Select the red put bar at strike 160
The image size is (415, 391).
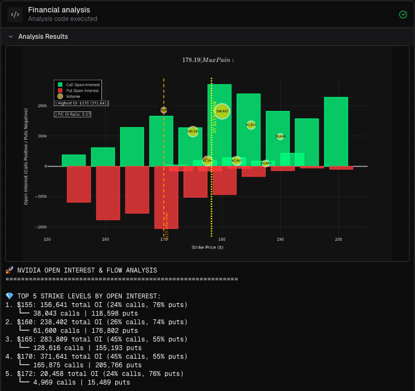[x=108, y=193]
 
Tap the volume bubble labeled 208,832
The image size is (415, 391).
[x=222, y=111]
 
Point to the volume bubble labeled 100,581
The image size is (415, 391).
[x=192, y=131]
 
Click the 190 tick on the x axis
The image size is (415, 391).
[x=280, y=239]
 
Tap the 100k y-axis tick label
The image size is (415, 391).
[x=42, y=136]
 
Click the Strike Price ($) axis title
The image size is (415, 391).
[x=207, y=247]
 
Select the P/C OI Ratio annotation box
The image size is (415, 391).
[x=72, y=114]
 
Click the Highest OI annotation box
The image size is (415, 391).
[x=81, y=103]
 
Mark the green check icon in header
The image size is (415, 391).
[x=403, y=14]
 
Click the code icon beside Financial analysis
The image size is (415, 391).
[x=15, y=15]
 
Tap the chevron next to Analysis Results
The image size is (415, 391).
[x=11, y=37]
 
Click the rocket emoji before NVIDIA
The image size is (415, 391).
[x=9, y=270]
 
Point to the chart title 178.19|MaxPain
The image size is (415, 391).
[x=207, y=60]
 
